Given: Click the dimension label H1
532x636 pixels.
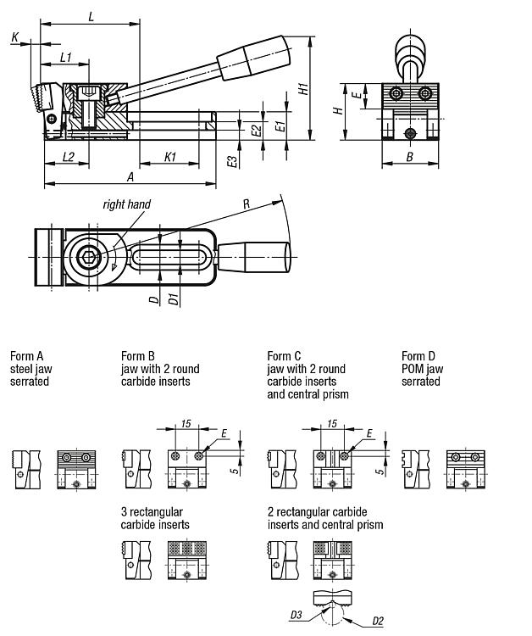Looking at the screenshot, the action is [303, 89].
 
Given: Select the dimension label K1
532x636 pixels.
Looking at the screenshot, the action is [170, 157].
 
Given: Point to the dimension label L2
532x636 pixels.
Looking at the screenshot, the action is [69, 157].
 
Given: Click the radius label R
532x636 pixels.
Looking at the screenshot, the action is [247, 204].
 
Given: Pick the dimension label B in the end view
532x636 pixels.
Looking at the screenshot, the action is [410, 157].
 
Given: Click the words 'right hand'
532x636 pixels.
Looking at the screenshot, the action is [127, 204].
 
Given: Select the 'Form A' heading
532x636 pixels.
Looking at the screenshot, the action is [27, 356].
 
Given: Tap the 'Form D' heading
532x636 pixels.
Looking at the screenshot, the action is [418, 356].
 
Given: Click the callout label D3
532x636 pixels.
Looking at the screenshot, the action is [296, 615].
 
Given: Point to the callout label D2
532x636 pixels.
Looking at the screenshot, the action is [378, 621].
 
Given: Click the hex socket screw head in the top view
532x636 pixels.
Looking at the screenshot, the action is [89, 257].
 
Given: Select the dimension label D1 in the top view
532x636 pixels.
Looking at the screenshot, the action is [174, 299].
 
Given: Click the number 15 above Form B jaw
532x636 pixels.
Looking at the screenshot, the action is [186, 424].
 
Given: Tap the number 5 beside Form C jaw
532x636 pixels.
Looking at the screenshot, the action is [380, 471].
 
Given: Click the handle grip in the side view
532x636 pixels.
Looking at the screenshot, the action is [254, 57].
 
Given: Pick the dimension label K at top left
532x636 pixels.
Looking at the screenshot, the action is [15, 37].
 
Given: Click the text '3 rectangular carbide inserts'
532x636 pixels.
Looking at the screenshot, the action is [155, 518].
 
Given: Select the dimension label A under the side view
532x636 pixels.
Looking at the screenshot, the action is [130, 177].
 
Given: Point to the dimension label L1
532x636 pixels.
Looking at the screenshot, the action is [66, 58].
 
